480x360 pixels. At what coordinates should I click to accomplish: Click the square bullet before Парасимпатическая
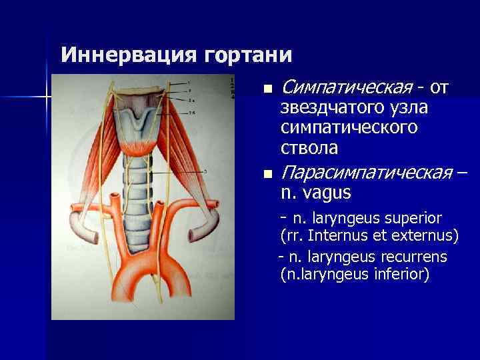click(268, 175)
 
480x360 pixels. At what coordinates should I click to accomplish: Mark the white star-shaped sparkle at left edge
click(47, 97)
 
